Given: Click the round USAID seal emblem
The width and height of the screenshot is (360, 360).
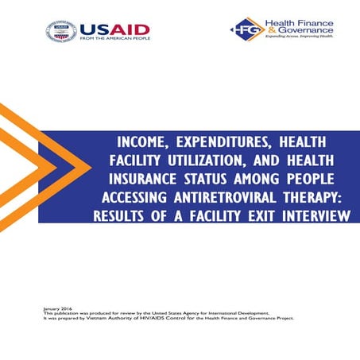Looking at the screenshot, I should pyautogui.click(x=62, y=33).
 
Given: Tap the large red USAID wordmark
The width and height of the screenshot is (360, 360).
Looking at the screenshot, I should pyautogui.click(x=114, y=29).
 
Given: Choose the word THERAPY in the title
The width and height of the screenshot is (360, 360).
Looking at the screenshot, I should pyautogui.click(x=311, y=197).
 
